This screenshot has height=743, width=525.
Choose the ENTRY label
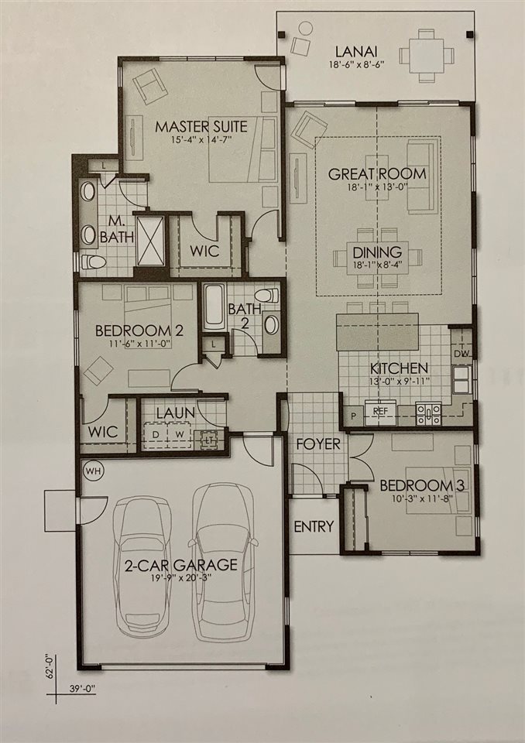tap(314, 527)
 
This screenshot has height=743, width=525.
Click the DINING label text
tap(377, 252)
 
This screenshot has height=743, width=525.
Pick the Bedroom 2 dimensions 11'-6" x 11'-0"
tap(138, 345)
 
